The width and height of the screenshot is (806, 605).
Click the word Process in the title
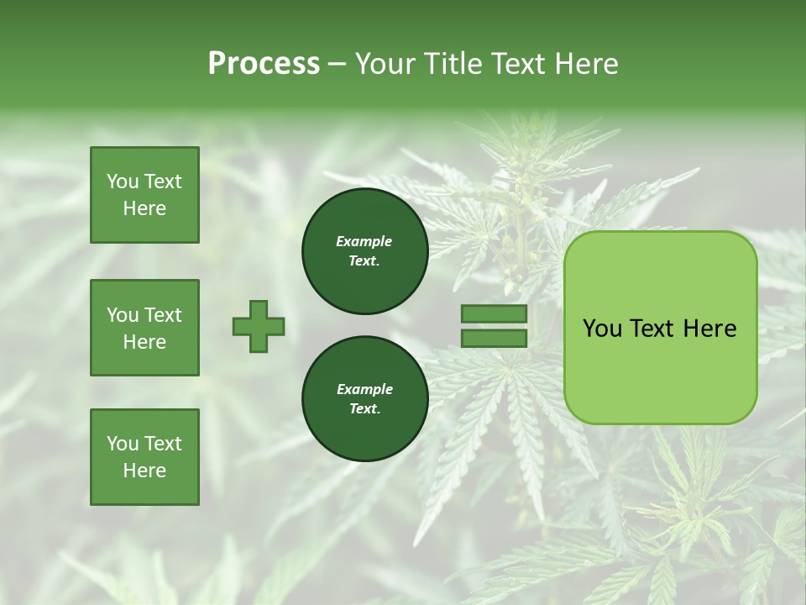(x=264, y=64)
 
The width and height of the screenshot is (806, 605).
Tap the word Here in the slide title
(x=584, y=64)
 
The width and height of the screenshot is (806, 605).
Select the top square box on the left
(x=144, y=195)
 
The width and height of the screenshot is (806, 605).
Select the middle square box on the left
(x=144, y=328)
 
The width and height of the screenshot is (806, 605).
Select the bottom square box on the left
(x=144, y=457)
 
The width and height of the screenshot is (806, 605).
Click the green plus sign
(x=259, y=326)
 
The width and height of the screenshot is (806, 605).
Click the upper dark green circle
(x=365, y=250)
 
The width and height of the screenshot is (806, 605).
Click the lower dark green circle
(x=365, y=398)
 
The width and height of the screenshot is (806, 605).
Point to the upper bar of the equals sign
(x=494, y=314)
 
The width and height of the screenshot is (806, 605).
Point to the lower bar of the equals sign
(x=494, y=339)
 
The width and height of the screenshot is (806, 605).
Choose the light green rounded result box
(x=661, y=370)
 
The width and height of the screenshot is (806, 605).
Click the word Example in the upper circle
(x=364, y=241)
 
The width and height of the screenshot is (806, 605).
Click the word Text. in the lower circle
(x=364, y=409)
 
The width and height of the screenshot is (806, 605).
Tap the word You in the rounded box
(x=602, y=329)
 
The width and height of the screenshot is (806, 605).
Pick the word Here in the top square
(x=144, y=208)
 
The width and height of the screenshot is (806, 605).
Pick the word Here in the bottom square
(x=144, y=471)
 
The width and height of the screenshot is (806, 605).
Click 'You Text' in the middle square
(x=144, y=315)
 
